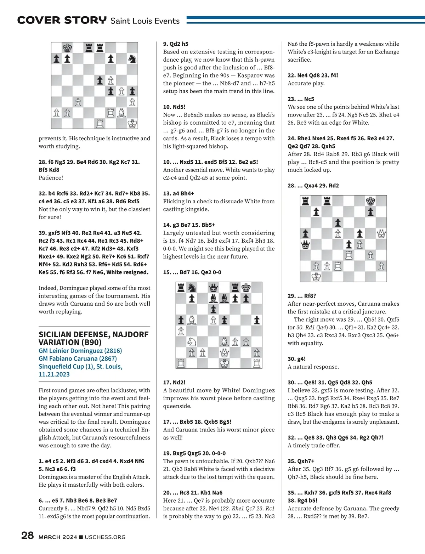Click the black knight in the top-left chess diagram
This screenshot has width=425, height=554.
(x=132, y=59)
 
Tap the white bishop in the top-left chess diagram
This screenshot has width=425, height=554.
(x=121, y=113)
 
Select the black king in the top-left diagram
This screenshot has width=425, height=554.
(x=67, y=48)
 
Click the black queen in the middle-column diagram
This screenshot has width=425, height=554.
(x=213, y=288)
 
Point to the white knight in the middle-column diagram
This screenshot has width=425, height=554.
(x=192, y=342)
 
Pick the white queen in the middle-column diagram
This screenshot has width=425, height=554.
(x=224, y=353)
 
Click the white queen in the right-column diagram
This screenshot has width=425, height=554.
(x=381, y=233)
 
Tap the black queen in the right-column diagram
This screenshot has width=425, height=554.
(x=305, y=244)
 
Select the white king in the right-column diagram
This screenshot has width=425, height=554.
(x=316, y=277)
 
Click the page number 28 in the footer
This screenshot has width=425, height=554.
(x=28, y=536)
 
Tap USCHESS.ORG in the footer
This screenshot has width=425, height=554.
(x=105, y=537)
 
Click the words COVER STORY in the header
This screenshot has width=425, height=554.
(x=62, y=20)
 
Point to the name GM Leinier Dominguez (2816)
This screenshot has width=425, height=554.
(x=80, y=351)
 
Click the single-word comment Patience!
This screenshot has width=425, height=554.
(x=51, y=178)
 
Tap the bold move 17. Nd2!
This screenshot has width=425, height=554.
(x=174, y=382)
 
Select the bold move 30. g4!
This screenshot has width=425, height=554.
(x=296, y=359)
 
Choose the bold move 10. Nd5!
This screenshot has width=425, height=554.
(x=174, y=107)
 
